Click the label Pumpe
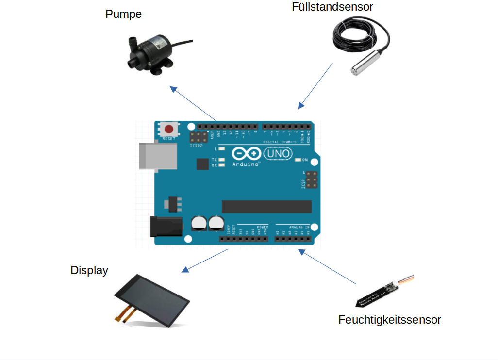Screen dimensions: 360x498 [x=123, y=14]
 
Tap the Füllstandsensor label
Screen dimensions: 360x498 [x=332, y=7]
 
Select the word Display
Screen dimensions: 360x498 [x=89, y=270]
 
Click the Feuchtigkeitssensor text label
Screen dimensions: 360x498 [x=390, y=320]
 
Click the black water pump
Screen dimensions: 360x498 [x=150, y=52]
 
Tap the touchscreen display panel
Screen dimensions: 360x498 [x=153, y=300]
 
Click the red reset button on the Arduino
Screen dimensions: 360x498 [x=169, y=130]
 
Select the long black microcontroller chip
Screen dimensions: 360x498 [x=266, y=206]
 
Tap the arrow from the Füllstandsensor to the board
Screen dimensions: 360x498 [x=315, y=85]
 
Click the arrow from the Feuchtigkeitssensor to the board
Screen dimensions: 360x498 [x=327, y=267]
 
